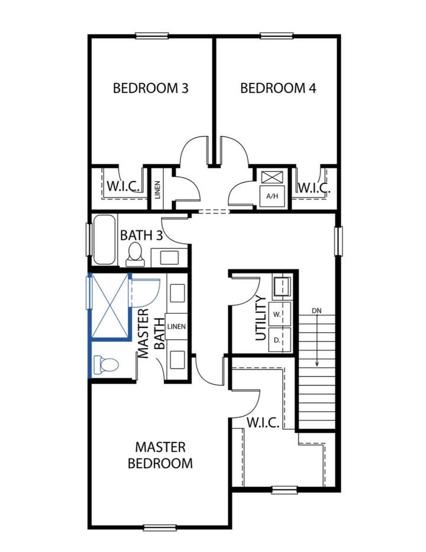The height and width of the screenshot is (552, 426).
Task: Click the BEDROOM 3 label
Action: coord(151,89)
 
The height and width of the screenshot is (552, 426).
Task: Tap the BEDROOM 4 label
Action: coord(278,89)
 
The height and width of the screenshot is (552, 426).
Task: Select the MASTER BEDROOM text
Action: coord(160,455)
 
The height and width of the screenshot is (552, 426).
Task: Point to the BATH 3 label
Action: coord(141,235)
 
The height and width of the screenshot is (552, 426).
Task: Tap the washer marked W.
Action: coord(276,314)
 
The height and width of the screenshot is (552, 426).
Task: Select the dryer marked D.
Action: coord(276,340)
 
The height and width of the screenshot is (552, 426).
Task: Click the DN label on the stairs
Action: coord(318,311)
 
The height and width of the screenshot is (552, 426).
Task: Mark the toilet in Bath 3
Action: coord(134,253)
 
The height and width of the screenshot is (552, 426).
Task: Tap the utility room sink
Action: coord(280,287)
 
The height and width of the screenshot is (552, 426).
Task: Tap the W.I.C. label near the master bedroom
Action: coord(260,424)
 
